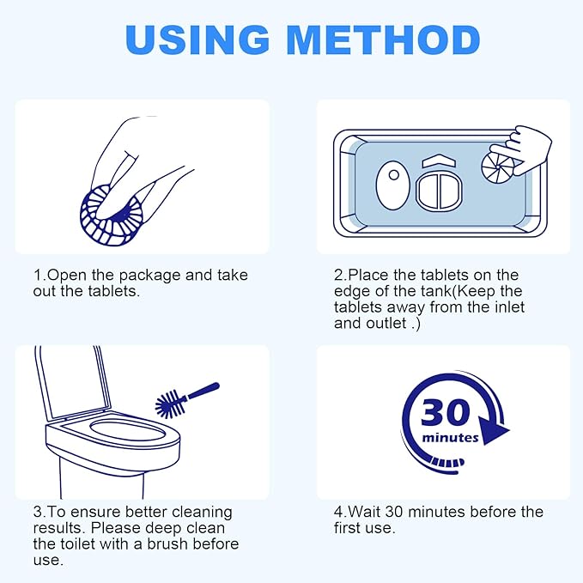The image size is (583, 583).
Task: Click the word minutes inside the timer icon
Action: (x=451, y=438)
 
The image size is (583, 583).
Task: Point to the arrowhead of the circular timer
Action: (x=493, y=430)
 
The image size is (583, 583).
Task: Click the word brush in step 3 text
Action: (x=174, y=544)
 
